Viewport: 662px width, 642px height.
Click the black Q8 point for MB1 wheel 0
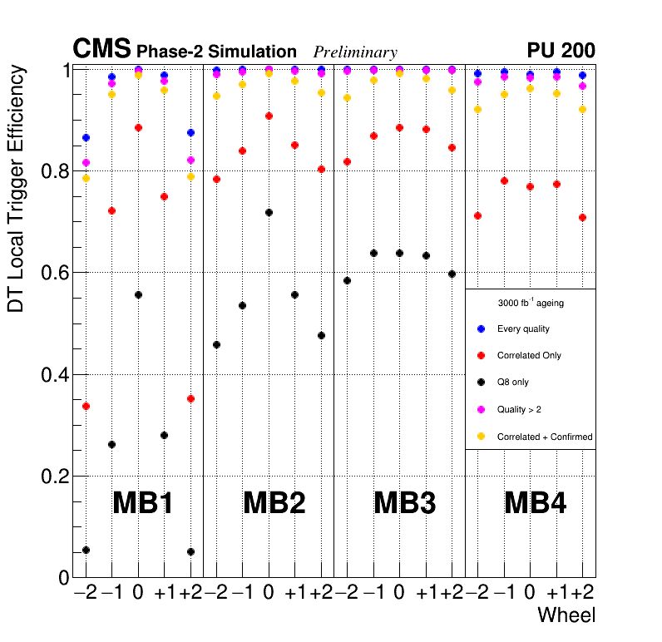click(138, 295)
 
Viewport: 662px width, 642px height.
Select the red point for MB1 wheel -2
click(86, 406)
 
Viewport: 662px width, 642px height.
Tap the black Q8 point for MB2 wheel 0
click(269, 213)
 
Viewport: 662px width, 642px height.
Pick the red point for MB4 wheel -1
click(503, 180)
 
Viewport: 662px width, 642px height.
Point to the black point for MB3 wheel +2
click(452, 274)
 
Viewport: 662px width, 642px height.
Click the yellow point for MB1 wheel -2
click(86, 178)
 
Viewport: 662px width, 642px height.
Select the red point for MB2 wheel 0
click(269, 116)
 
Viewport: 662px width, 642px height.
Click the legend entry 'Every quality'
click(523, 328)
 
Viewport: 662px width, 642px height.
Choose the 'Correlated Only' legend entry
click(529, 355)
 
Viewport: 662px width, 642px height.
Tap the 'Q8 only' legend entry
click(512, 383)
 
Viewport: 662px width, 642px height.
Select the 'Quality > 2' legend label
click(519, 409)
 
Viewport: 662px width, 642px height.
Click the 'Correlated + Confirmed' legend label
click(544, 437)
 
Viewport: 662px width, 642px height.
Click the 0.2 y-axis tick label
click(52, 477)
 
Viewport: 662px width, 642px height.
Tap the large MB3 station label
click(405, 503)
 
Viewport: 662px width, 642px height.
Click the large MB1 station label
click(142, 503)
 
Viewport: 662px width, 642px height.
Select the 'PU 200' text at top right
click(561, 51)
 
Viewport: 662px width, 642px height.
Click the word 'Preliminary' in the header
click(355, 52)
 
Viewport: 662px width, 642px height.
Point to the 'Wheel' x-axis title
click(566, 615)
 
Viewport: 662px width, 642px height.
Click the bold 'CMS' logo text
click(101, 48)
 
